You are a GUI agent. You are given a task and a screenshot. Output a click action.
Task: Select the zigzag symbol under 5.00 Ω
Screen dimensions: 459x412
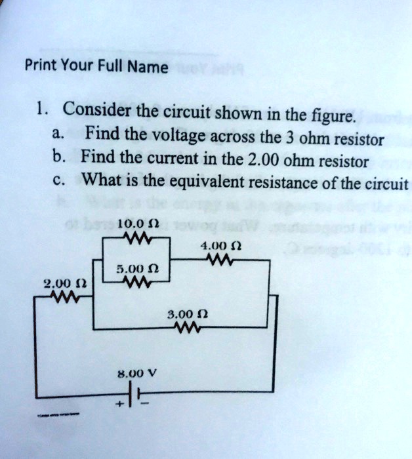tap(136, 283)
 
